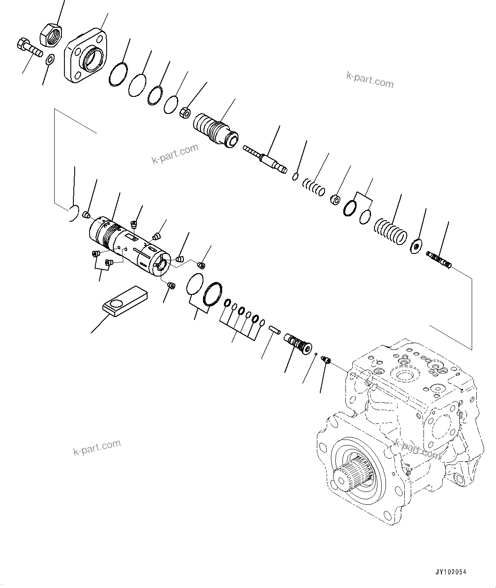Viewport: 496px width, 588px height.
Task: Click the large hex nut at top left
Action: (x=51, y=34)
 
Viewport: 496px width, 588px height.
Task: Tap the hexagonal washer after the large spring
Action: (x=415, y=246)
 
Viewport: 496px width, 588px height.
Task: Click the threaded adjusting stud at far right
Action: (x=439, y=260)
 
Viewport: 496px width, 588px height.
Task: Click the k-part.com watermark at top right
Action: (x=370, y=80)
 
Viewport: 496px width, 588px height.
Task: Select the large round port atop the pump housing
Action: (x=404, y=375)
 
